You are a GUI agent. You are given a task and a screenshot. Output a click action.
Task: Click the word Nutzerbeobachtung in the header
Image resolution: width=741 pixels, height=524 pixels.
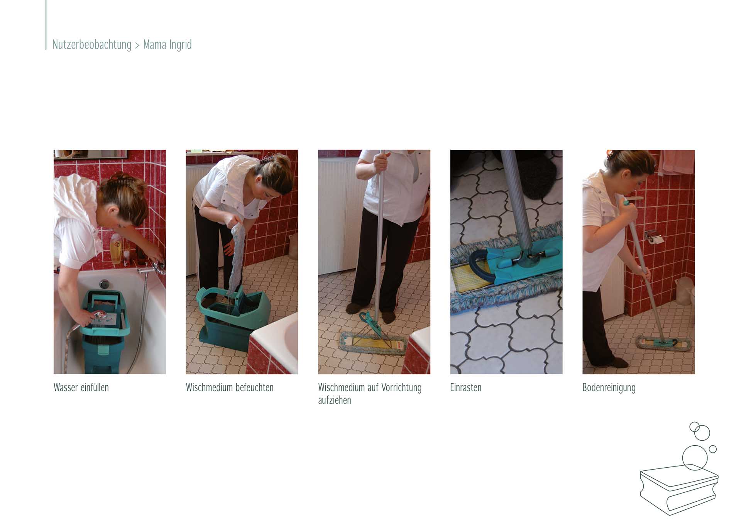[x=92, y=45]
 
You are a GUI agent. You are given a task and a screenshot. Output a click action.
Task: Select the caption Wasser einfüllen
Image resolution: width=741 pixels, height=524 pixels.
[x=81, y=387]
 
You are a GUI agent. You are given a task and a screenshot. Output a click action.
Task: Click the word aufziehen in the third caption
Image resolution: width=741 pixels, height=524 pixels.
[x=335, y=400]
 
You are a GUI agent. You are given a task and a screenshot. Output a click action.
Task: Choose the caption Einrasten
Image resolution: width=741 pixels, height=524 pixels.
[x=466, y=387]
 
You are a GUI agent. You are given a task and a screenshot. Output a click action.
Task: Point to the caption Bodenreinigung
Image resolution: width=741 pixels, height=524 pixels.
[x=609, y=388]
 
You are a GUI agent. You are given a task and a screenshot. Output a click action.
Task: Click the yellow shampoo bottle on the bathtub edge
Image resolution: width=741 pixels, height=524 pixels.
[x=115, y=249]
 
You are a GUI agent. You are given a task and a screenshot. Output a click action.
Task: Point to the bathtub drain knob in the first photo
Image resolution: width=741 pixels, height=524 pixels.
[x=104, y=284]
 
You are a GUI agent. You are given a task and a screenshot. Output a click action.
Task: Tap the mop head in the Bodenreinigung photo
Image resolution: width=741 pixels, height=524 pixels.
[x=664, y=343]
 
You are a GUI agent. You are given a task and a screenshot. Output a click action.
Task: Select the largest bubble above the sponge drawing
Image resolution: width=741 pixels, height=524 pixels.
[x=695, y=458]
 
